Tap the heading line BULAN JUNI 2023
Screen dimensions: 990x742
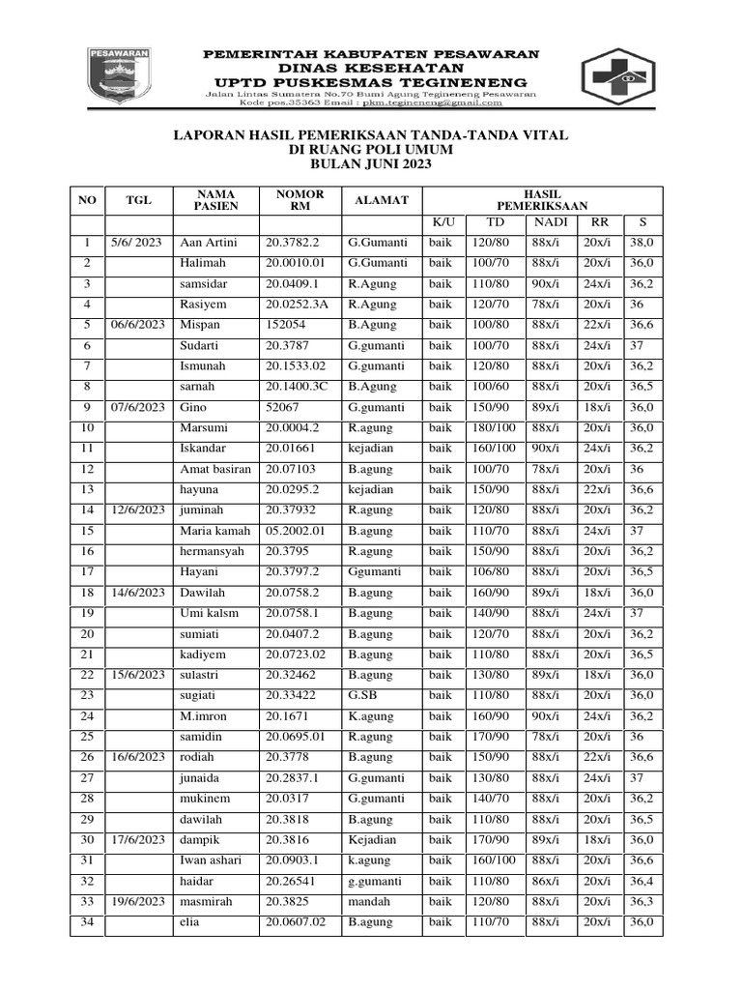pos(370,165)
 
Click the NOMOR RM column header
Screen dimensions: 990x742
pos(300,200)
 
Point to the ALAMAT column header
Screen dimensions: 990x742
pos(382,200)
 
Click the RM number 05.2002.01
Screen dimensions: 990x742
pos(297,531)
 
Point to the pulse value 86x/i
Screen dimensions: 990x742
pos(546,882)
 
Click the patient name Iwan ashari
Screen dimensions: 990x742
pos(212,860)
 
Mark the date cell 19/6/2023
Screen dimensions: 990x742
pos(136,902)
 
